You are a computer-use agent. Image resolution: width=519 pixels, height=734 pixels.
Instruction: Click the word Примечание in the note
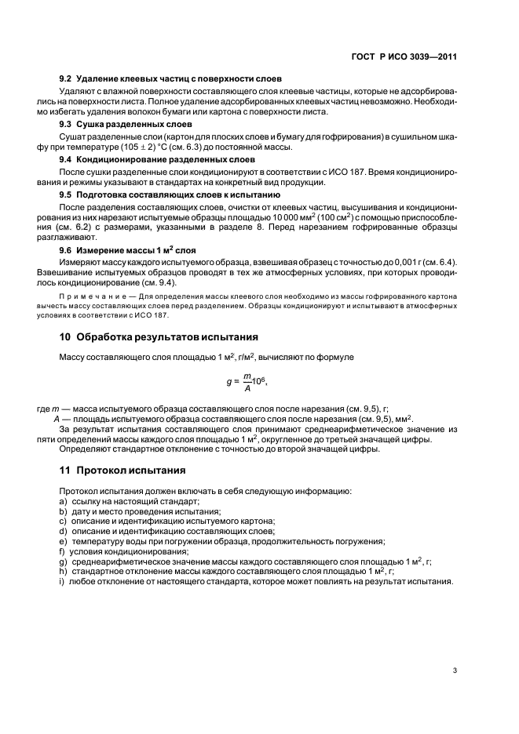coord(89,296)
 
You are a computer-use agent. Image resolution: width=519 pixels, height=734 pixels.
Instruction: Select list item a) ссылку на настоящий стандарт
coord(130,500)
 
